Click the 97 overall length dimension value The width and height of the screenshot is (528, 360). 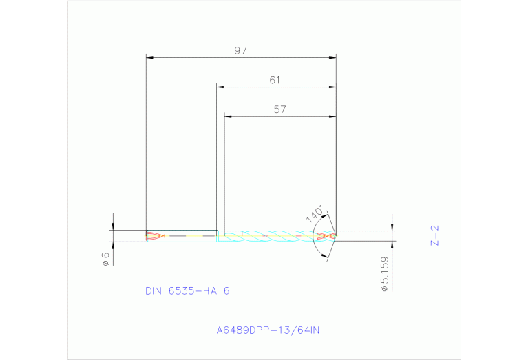pos(240,51)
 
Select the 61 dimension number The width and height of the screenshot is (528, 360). pos(275,81)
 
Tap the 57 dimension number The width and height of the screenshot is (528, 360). pos(279,109)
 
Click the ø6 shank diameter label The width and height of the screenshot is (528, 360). pos(105,259)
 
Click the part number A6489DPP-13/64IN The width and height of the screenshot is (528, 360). pos(268,330)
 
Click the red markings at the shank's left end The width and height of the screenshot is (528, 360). pos(156,236)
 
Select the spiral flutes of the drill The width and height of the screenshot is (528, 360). pos(275,236)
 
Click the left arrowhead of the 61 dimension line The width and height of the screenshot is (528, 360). pos(220,87)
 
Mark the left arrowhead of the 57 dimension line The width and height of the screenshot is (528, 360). pos(229,116)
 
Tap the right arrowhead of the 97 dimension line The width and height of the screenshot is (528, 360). pos(332,57)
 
